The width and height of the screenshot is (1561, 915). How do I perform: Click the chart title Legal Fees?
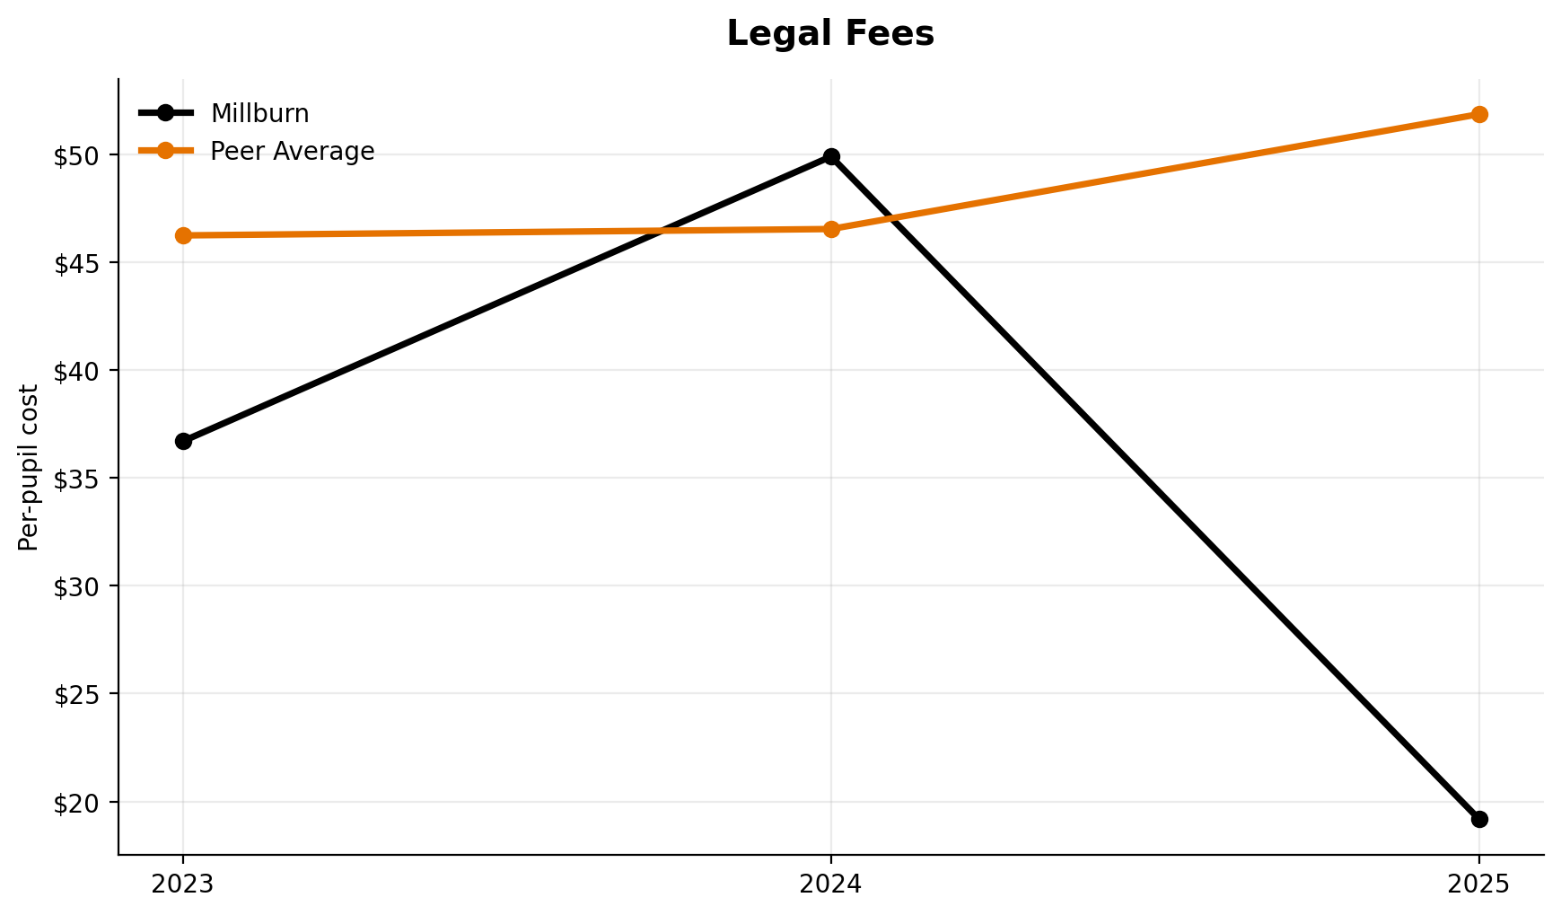coord(830,34)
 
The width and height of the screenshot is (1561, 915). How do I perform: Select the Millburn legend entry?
coord(259,114)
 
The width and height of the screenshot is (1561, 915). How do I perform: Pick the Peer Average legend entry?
coord(292,152)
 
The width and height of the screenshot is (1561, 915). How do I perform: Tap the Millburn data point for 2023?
coord(183,441)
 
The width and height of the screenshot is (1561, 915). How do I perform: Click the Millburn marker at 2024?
coord(831,157)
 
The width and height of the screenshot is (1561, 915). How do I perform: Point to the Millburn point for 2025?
coord(1479,819)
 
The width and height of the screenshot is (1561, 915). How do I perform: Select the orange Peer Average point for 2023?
coord(183,235)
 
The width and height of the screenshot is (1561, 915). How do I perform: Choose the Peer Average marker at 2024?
coord(831,229)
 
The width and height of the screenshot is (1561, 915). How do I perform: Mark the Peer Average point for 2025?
coord(1479,114)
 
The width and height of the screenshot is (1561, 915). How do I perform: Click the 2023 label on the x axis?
coord(183,884)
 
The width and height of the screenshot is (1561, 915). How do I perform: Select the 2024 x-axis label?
coord(831,884)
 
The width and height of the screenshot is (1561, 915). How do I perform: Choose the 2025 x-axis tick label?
coord(1479,884)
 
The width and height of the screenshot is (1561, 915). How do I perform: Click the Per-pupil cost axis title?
coord(29,467)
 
